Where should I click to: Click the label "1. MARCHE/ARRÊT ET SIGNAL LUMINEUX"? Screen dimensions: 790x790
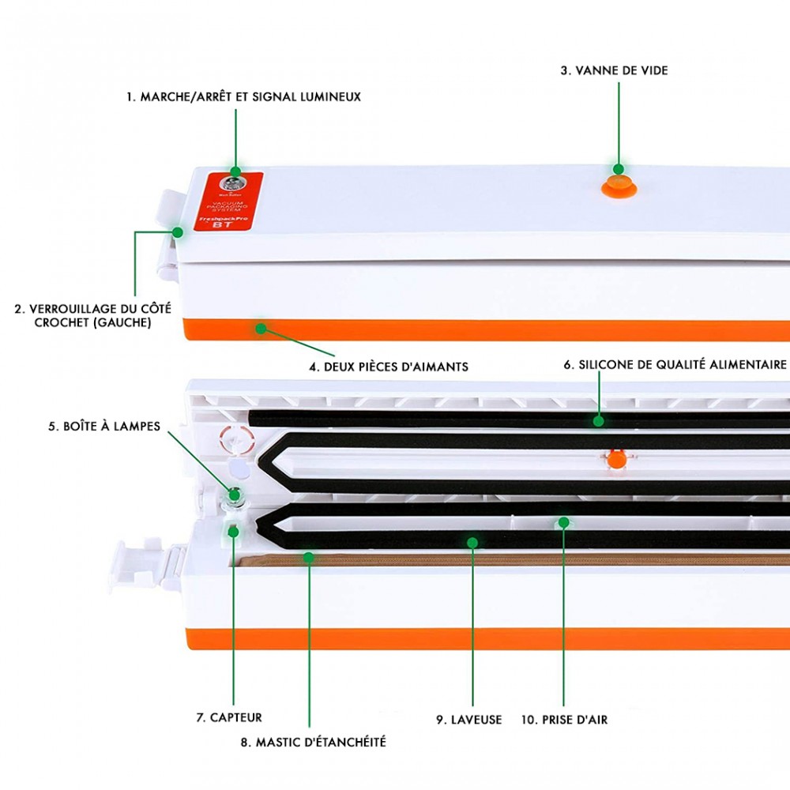[x=243, y=96]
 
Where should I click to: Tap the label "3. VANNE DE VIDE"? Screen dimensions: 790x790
[x=614, y=70]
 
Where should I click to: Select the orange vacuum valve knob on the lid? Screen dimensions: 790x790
[x=618, y=184]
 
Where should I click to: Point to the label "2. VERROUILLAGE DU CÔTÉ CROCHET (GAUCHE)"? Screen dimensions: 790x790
[x=93, y=315]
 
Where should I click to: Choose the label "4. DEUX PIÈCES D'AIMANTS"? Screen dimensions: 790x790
[x=389, y=367]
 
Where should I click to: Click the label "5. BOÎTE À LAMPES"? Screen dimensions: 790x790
[x=103, y=427]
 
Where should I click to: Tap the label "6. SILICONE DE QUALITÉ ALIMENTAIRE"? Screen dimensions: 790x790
[x=675, y=365]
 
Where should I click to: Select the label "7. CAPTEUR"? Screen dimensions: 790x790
[x=228, y=717]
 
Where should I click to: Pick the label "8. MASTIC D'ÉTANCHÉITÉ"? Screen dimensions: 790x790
[x=313, y=742]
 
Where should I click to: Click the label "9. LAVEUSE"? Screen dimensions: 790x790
[x=469, y=720]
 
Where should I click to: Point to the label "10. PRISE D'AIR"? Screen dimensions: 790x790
[x=564, y=720]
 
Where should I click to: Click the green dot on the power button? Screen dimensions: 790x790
[x=235, y=171]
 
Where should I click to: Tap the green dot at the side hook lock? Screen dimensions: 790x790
[x=178, y=231]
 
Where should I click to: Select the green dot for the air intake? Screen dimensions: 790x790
[x=564, y=522]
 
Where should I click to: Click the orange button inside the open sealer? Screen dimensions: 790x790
[x=617, y=459]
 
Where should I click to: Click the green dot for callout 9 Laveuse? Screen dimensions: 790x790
[x=472, y=542]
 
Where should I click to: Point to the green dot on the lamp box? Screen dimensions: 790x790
[x=234, y=496]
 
